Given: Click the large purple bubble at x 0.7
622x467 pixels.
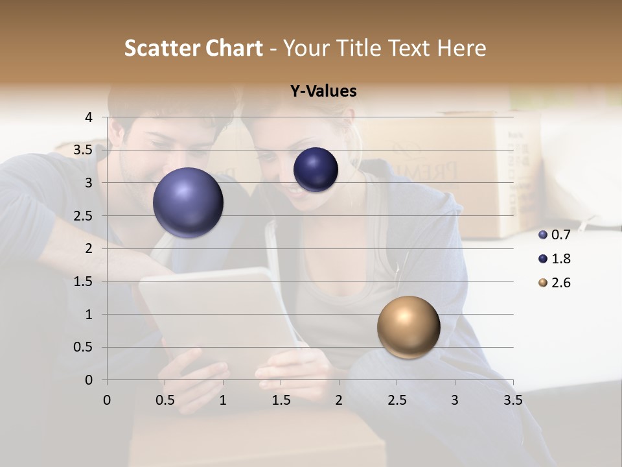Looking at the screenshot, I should (189, 202).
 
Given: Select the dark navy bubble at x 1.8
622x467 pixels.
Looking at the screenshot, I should (316, 169).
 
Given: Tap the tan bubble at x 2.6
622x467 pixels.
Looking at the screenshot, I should (408, 327).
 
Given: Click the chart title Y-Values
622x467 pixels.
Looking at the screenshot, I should (323, 91).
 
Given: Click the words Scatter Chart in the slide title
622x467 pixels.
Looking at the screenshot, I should (193, 48).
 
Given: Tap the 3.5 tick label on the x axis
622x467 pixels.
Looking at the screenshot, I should (513, 400).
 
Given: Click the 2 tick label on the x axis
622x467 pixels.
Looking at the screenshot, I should (339, 400).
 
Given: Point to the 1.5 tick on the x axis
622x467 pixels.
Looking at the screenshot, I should (281, 400).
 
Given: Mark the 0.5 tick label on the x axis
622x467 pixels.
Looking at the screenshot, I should (165, 400).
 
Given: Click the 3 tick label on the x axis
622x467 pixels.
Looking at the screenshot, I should (455, 400).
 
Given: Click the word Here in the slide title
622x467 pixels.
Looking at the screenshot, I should (461, 48).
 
